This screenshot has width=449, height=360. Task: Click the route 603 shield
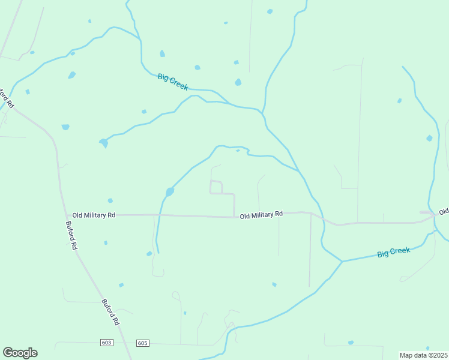[x=107, y=343]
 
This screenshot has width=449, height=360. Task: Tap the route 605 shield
[x=142, y=343]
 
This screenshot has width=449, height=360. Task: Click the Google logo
[x=20, y=353]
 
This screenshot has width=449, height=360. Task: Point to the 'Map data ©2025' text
[x=423, y=355]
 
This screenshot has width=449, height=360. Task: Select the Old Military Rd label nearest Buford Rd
[x=94, y=215]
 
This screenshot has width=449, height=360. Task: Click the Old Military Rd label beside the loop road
[x=261, y=214]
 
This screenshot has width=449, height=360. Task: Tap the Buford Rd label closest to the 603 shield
[x=111, y=312]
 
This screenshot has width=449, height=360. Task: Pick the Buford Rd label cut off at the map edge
[x=5, y=98]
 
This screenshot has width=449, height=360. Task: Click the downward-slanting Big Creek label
[x=173, y=82]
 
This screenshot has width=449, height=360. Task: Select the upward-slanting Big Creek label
[x=394, y=252]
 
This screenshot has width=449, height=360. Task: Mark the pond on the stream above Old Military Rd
[x=170, y=192]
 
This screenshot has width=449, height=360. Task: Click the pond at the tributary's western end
[x=103, y=143]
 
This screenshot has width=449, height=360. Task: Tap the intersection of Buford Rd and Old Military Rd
[x=67, y=215]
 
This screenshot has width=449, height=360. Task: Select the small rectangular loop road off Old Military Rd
[x=217, y=187]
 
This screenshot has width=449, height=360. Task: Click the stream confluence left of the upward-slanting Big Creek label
[x=342, y=261]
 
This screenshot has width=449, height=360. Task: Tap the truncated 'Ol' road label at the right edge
[x=443, y=212]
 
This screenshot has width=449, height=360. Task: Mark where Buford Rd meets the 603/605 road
[x=128, y=343]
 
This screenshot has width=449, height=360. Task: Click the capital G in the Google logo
[x=8, y=353]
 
